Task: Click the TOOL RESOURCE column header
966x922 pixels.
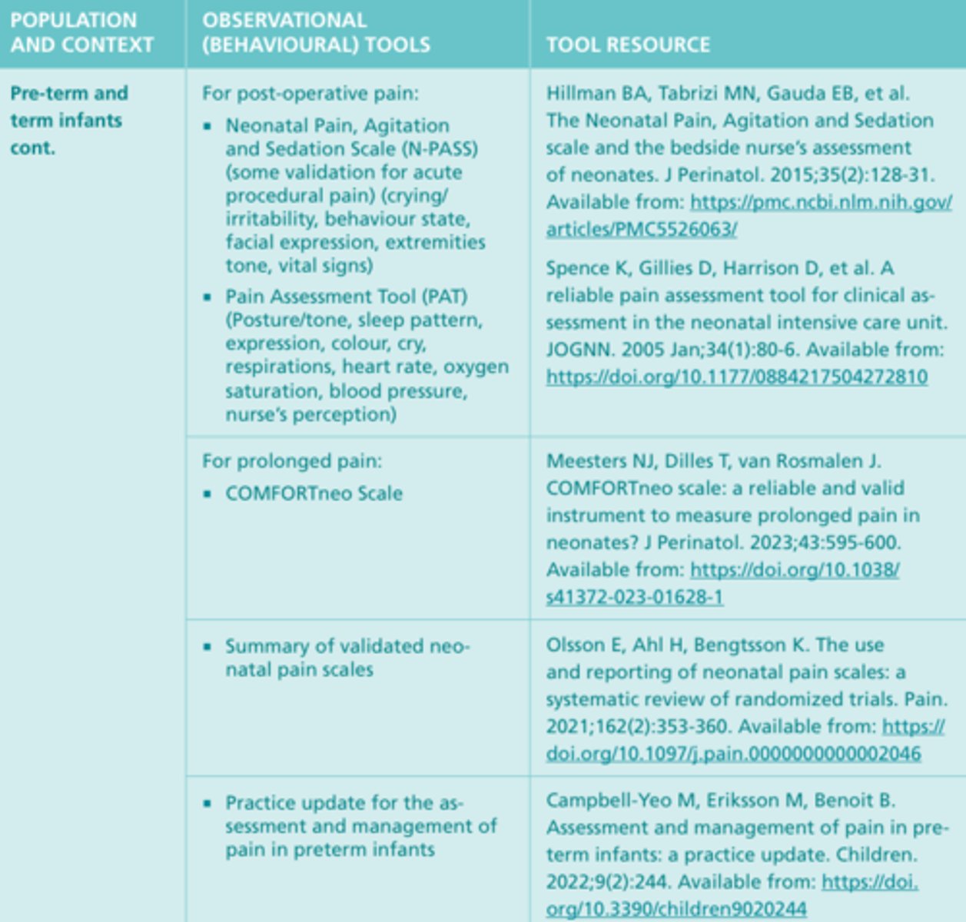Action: (628, 45)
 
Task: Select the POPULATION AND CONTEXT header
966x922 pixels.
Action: (81, 32)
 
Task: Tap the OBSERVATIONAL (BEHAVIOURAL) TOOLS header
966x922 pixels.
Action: (316, 32)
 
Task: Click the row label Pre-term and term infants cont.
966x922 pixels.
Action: (68, 120)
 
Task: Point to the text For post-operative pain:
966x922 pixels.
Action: (310, 94)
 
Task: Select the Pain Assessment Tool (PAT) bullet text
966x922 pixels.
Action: (346, 297)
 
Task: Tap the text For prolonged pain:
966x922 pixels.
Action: (291, 461)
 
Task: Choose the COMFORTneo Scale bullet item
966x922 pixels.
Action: (314, 493)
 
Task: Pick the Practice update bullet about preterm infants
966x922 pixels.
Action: (360, 826)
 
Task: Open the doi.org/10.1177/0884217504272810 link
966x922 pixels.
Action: (736, 377)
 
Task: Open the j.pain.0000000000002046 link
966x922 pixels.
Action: (733, 754)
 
